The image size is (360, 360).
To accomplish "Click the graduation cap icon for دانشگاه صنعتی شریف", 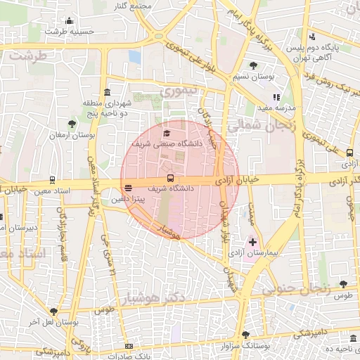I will coord(167,133).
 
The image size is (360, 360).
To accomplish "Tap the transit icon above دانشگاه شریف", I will coord(170,178).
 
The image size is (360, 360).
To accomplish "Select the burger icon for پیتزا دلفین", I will coord(127,188).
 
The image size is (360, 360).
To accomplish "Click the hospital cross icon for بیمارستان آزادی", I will coord(252,242).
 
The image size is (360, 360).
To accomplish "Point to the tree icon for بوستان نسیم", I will coord(254,65).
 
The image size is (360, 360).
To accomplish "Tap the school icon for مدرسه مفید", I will coord(276,97).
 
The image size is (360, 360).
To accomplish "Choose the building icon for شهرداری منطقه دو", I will coord(106,93).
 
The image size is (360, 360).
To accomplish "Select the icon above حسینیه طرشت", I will coord(69,21).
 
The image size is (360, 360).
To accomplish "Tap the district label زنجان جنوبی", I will coord(295,288).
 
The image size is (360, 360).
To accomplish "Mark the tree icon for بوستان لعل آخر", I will coord(53,311).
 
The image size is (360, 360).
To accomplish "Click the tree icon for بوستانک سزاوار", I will coord(245,335).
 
